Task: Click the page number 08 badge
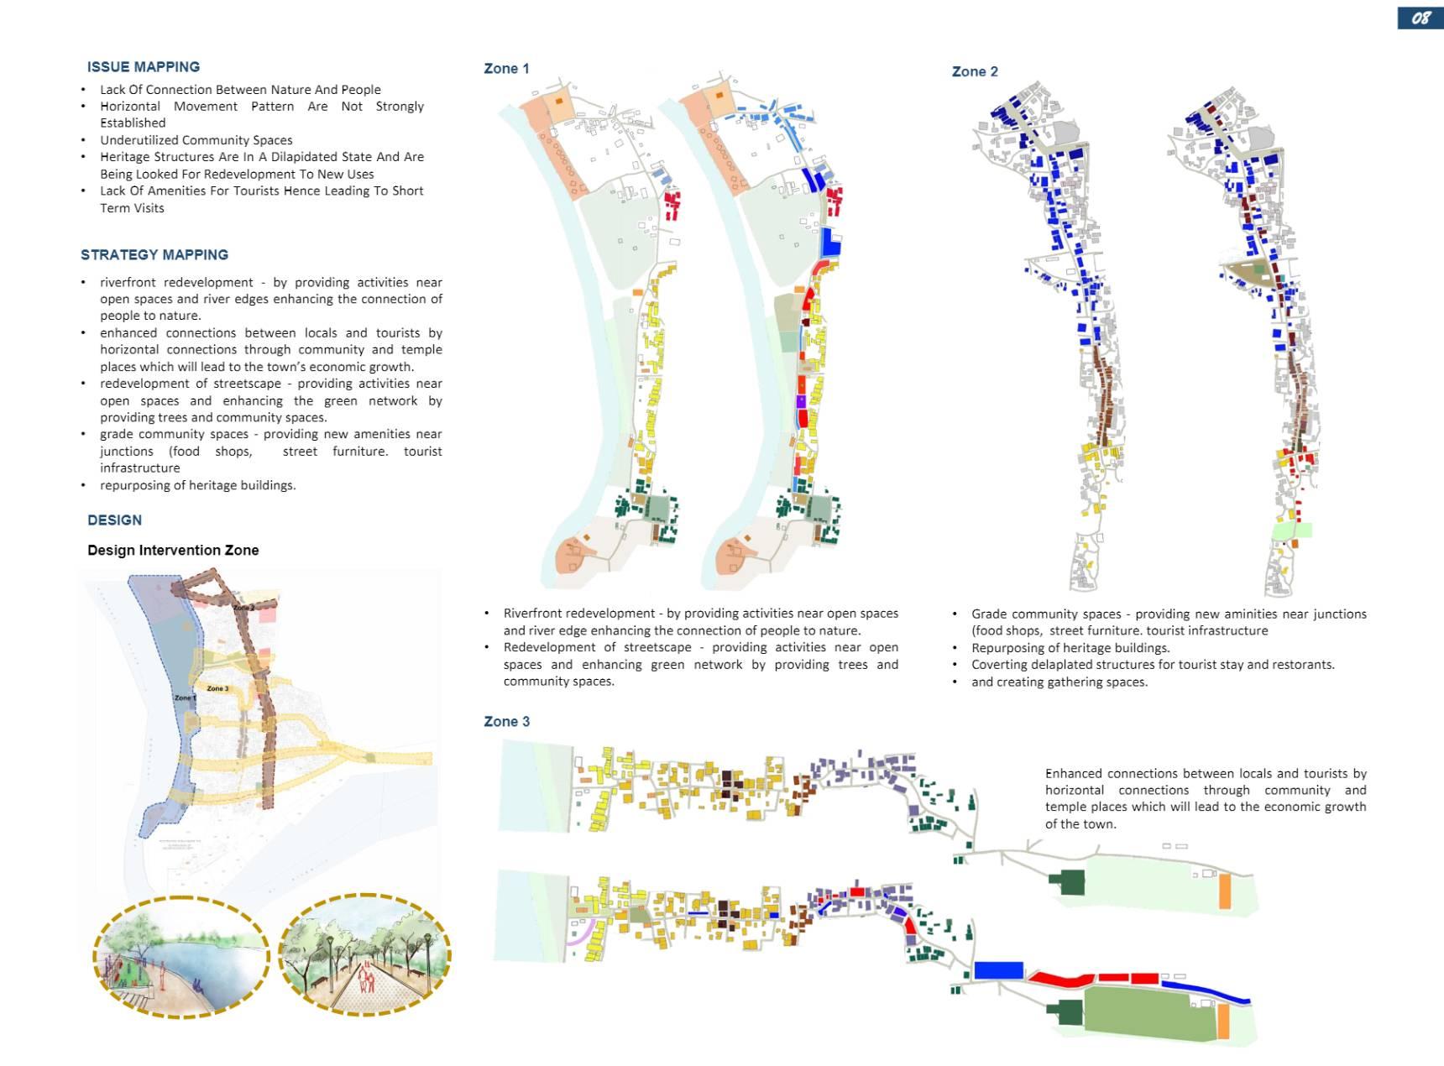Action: [x=1420, y=18]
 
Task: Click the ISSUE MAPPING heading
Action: [x=144, y=67]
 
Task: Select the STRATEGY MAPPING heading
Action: [x=154, y=254]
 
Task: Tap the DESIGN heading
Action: [x=114, y=520]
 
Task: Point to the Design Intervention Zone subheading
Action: [x=173, y=550]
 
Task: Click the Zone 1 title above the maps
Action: [x=506, y=69]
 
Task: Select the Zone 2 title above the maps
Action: [x=975, y=71]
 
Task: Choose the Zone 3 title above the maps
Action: [x=506, y=721]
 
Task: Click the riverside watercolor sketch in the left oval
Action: [x=180, y=957]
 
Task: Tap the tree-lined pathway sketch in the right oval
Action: [x=364, y=957]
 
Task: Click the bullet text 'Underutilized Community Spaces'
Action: [x=196, y=140]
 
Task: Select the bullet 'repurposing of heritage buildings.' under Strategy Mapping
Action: [x=197, y=485]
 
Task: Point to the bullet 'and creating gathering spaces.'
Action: [x=1059, y=682]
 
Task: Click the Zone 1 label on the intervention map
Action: [x=185, y=698]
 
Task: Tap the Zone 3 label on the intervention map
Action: [x=217, y=688]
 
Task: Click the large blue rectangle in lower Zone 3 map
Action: [x=998, y=970]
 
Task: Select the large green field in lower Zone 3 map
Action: [x=1149, y=1013]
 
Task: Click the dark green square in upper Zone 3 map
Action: [x=1067, y=882]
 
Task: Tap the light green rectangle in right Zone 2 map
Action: [x=1291, y=530]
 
